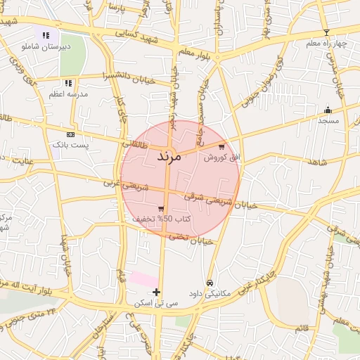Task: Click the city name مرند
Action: click(x=169, y=156)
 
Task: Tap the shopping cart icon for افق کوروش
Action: click(x=222, y=147)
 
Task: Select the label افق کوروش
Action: click(x=222, y=157)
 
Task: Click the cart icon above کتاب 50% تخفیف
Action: click(x=162, y=209)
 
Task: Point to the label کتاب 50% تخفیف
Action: click(x=153, y=219)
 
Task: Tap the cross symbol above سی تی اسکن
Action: click(x=156, y=292)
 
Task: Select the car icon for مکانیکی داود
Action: click(x=209, y=283)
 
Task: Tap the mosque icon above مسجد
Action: click(x=328, y=110)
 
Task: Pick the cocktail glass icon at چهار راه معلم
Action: click(x=326, y=33)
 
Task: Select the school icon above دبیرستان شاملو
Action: click(x=46, y=34)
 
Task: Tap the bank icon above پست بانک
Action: click(x=70, y=134)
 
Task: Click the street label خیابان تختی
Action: click(x=193, y=238)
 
